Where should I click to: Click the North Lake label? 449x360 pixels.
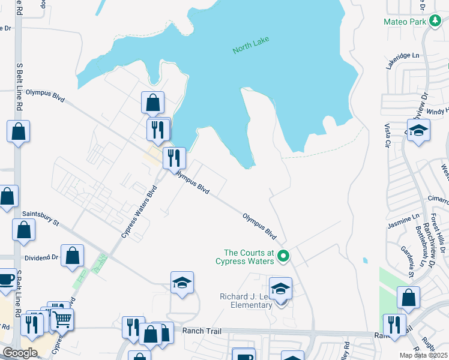[x=251, y=46]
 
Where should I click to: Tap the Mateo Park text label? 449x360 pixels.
[x=404, y=22]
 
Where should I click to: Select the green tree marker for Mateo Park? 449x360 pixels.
[x=435, y=22]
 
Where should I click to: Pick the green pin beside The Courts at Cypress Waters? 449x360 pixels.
[x=285, y=257]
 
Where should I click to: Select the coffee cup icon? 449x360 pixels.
[x=6, y=279]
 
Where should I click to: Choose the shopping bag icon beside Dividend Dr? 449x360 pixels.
[x=72, y=255]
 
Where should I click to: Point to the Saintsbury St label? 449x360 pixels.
[x=40, y=218]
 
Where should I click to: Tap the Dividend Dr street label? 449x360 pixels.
[x=41, y=257]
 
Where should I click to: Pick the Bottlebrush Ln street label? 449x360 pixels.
[x=422, y=246]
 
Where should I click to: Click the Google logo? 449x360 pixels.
[x=20, y=353]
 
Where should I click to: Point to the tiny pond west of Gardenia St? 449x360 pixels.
[x=365, y=260]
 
